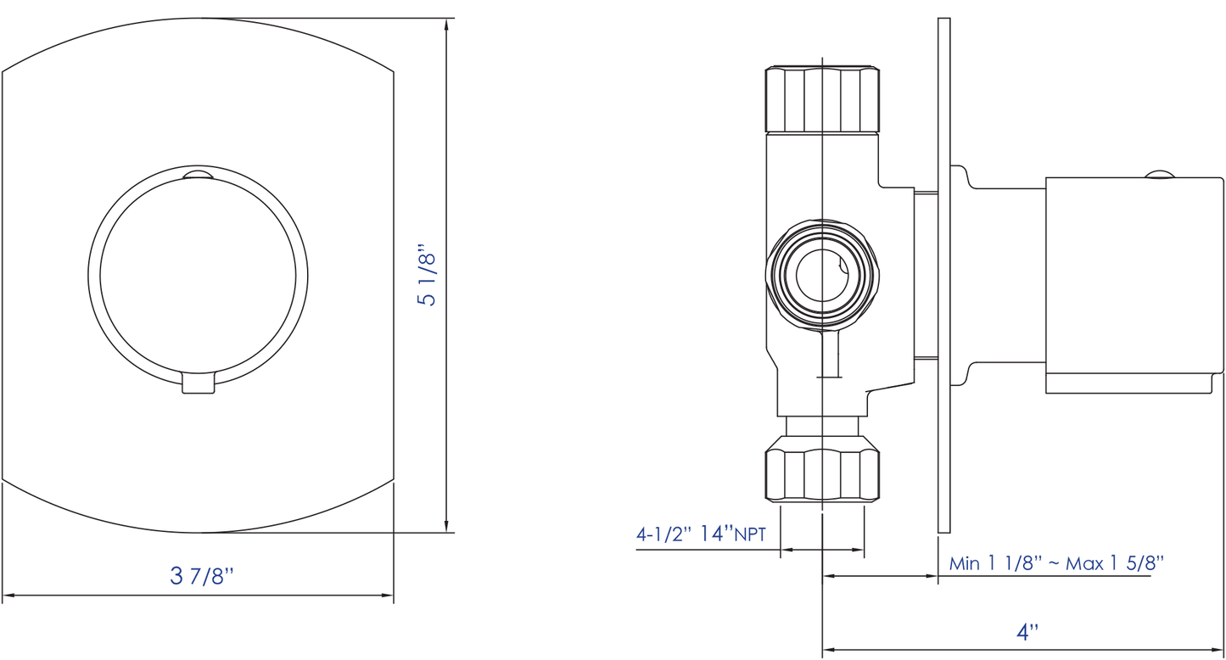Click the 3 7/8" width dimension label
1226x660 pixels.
[202, 576]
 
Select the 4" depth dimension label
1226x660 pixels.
[1027, 632]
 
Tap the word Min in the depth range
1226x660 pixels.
[965, 562]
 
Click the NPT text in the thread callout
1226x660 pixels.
[750, 534]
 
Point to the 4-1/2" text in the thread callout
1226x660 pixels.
[664, 534]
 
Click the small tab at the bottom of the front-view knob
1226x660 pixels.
[199, 383]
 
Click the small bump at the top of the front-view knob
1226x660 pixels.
[199, 176]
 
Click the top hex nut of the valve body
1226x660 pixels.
[822, 99]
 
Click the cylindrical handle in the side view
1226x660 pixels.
[1133, 285]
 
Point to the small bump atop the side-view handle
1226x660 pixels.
[1160, 175]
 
